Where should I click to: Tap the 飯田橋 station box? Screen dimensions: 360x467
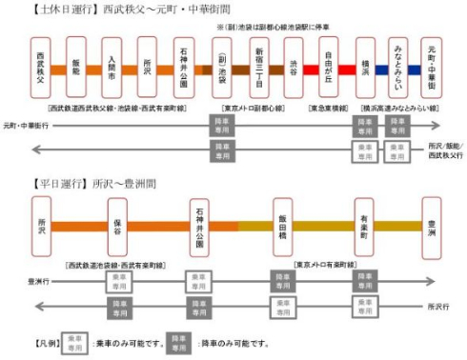coord(283,228)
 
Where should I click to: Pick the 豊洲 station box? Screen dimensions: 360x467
coord(432,228)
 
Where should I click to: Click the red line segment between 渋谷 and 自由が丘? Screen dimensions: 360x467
coord(312,70)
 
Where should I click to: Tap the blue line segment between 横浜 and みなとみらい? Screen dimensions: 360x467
coord(383,70)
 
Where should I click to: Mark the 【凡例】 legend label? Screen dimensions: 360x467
coord(45,341)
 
